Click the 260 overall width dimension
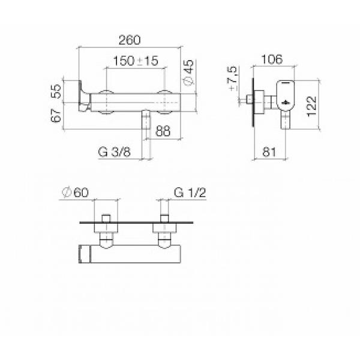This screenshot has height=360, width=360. pyautogui.click(x=129, y=40)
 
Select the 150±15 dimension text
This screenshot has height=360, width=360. pyautogui.click(x=136, y=61)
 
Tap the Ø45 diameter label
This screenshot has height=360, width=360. pyautogui.click(x=189, y=73)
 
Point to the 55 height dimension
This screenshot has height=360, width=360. pyautogui.click(x=56, y=91)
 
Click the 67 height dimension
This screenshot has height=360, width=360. pyautogui.click(x=56, y=115)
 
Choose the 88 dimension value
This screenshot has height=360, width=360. pyautogui.click(x=163, y=131)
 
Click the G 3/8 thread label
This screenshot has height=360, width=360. pyautogui.click(x=114, y=152)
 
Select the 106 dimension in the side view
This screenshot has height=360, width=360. pyautogui.click(x=272, y=59)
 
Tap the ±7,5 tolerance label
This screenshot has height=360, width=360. pyautogui.click(x=233, y=78)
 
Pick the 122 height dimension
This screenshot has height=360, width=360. pyautogui.click(x=312, y=106)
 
